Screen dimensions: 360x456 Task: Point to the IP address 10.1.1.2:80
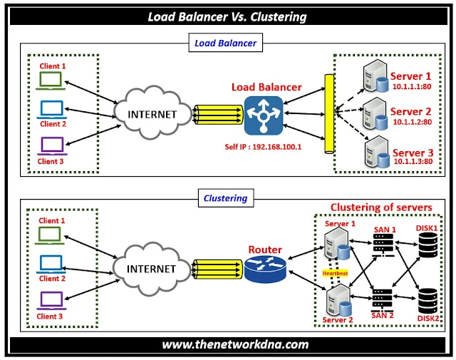[411, 122]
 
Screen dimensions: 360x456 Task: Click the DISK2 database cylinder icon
[427, 299]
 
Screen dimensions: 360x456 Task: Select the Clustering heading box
[226, 199]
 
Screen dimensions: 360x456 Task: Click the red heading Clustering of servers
[380, 207]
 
